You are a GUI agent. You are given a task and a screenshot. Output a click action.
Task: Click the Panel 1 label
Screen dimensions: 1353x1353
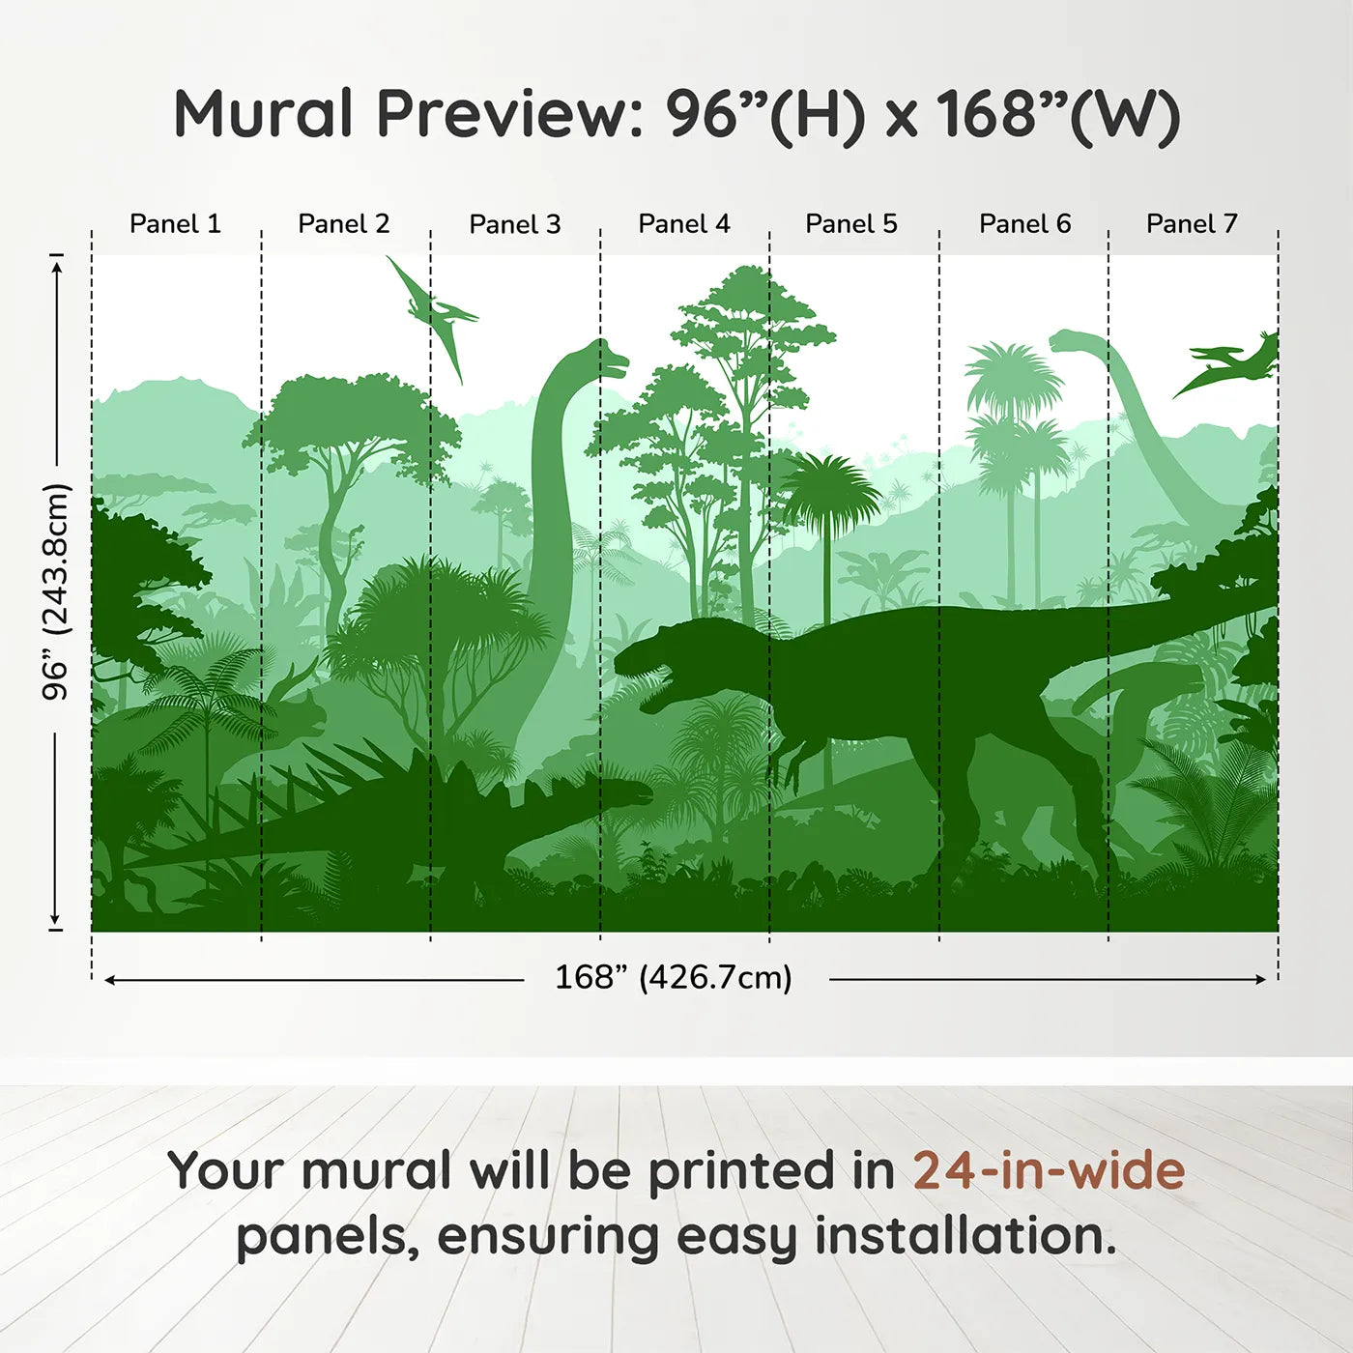click(x=176, y=224)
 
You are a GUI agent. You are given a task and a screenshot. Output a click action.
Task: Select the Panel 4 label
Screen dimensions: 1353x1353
click(x=684, y=224)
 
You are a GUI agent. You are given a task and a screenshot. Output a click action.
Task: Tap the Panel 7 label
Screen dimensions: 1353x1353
click(x=1192, y=224)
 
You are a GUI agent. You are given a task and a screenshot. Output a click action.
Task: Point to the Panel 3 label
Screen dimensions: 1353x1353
click(x=515, y=224)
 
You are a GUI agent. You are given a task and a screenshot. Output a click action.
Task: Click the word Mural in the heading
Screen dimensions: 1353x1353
click(x=263, y=113)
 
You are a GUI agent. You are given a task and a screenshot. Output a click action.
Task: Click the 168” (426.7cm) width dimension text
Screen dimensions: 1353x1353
click(x=674, y=977)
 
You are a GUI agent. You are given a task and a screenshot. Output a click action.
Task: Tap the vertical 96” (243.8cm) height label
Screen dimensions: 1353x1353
click(x=55, y=591)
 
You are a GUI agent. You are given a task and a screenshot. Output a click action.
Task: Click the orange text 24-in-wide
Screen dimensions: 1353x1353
click(x=1049, y=1170)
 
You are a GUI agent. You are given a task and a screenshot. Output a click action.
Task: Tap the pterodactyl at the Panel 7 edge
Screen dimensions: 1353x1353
click(x=1226, y=364)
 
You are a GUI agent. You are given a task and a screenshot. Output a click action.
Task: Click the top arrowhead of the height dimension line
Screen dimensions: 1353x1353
click(x=58, y=267)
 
